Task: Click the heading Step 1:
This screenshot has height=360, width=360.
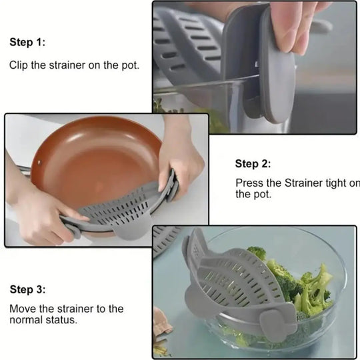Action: (x=27, y=42)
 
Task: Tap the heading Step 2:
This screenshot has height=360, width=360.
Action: (x=253, y=164)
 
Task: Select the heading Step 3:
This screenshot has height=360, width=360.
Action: (x=27, y=289)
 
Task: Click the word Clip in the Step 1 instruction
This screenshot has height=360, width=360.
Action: (x=19, y=66)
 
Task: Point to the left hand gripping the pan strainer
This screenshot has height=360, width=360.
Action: (x=43, y=213)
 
